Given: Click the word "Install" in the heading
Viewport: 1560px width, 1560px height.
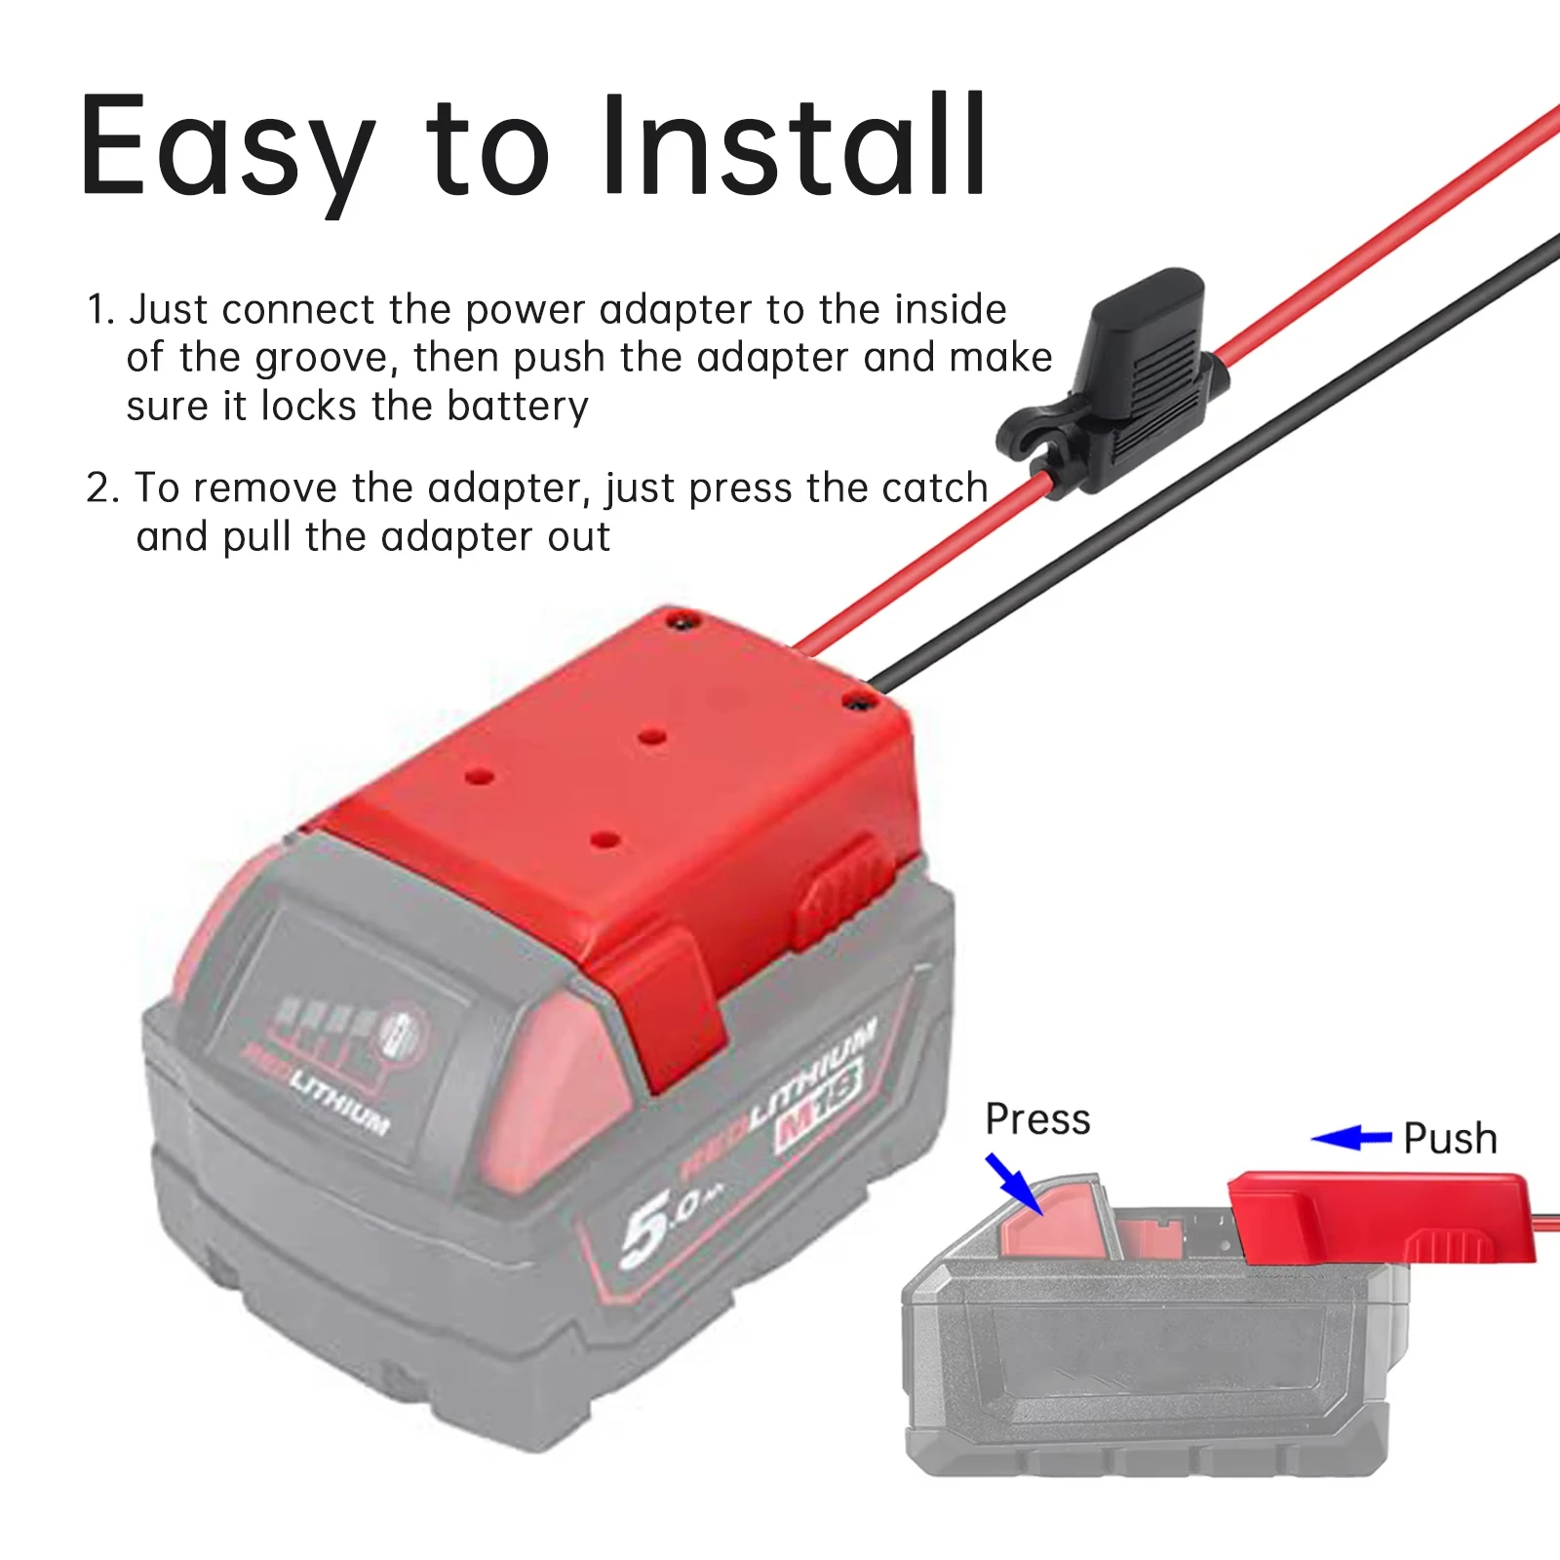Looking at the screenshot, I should pyautogui.click(x=795, y=146).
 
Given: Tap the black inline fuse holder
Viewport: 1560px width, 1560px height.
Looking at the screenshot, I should pyautogui.click(x=1131, y=380).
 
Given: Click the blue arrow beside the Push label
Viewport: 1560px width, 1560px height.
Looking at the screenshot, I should pyautogui.click(x=1351, y=1138).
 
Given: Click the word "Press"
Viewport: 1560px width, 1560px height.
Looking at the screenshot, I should pyautogui.click(x=1037, y=1119).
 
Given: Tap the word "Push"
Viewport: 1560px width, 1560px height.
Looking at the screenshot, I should pyautogui.click(x=1450, y=1139).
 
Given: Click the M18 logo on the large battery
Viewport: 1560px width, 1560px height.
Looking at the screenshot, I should pyautogui.click(x=819, y=1103).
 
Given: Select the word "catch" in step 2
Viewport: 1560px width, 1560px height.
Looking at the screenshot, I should pyautogui.click(x=935, y=487).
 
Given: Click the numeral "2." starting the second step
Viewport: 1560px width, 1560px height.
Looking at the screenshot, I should pyautogui.click(x=103, y=487).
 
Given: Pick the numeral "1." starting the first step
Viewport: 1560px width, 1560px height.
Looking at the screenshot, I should pyautogui.click(x=101, y=310).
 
